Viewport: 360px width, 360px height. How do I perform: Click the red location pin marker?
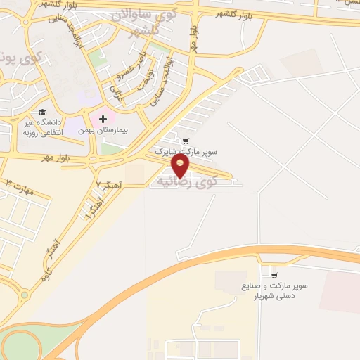click(181, 166)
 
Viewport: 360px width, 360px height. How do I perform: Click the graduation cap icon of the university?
click(42, 112)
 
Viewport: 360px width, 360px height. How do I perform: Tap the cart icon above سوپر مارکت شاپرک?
click(186, 141)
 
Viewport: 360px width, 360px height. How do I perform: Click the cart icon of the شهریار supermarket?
click(274, 275)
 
